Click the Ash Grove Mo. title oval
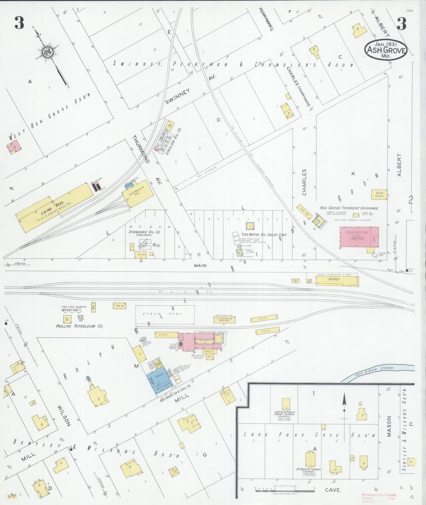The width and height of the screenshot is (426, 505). click(x=386, y=49)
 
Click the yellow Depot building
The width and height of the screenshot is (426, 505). click(x=337, y=281)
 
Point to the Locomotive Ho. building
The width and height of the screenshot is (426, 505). click(x=138, y=195)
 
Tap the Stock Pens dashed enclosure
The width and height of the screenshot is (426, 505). click(x=165, y=314)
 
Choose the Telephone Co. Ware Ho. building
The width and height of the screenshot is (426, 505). click(x=224, y=319)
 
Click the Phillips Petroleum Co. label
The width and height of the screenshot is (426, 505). click(x=79, y=326)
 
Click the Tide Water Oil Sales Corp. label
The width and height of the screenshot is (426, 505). click(x=264, y=234)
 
